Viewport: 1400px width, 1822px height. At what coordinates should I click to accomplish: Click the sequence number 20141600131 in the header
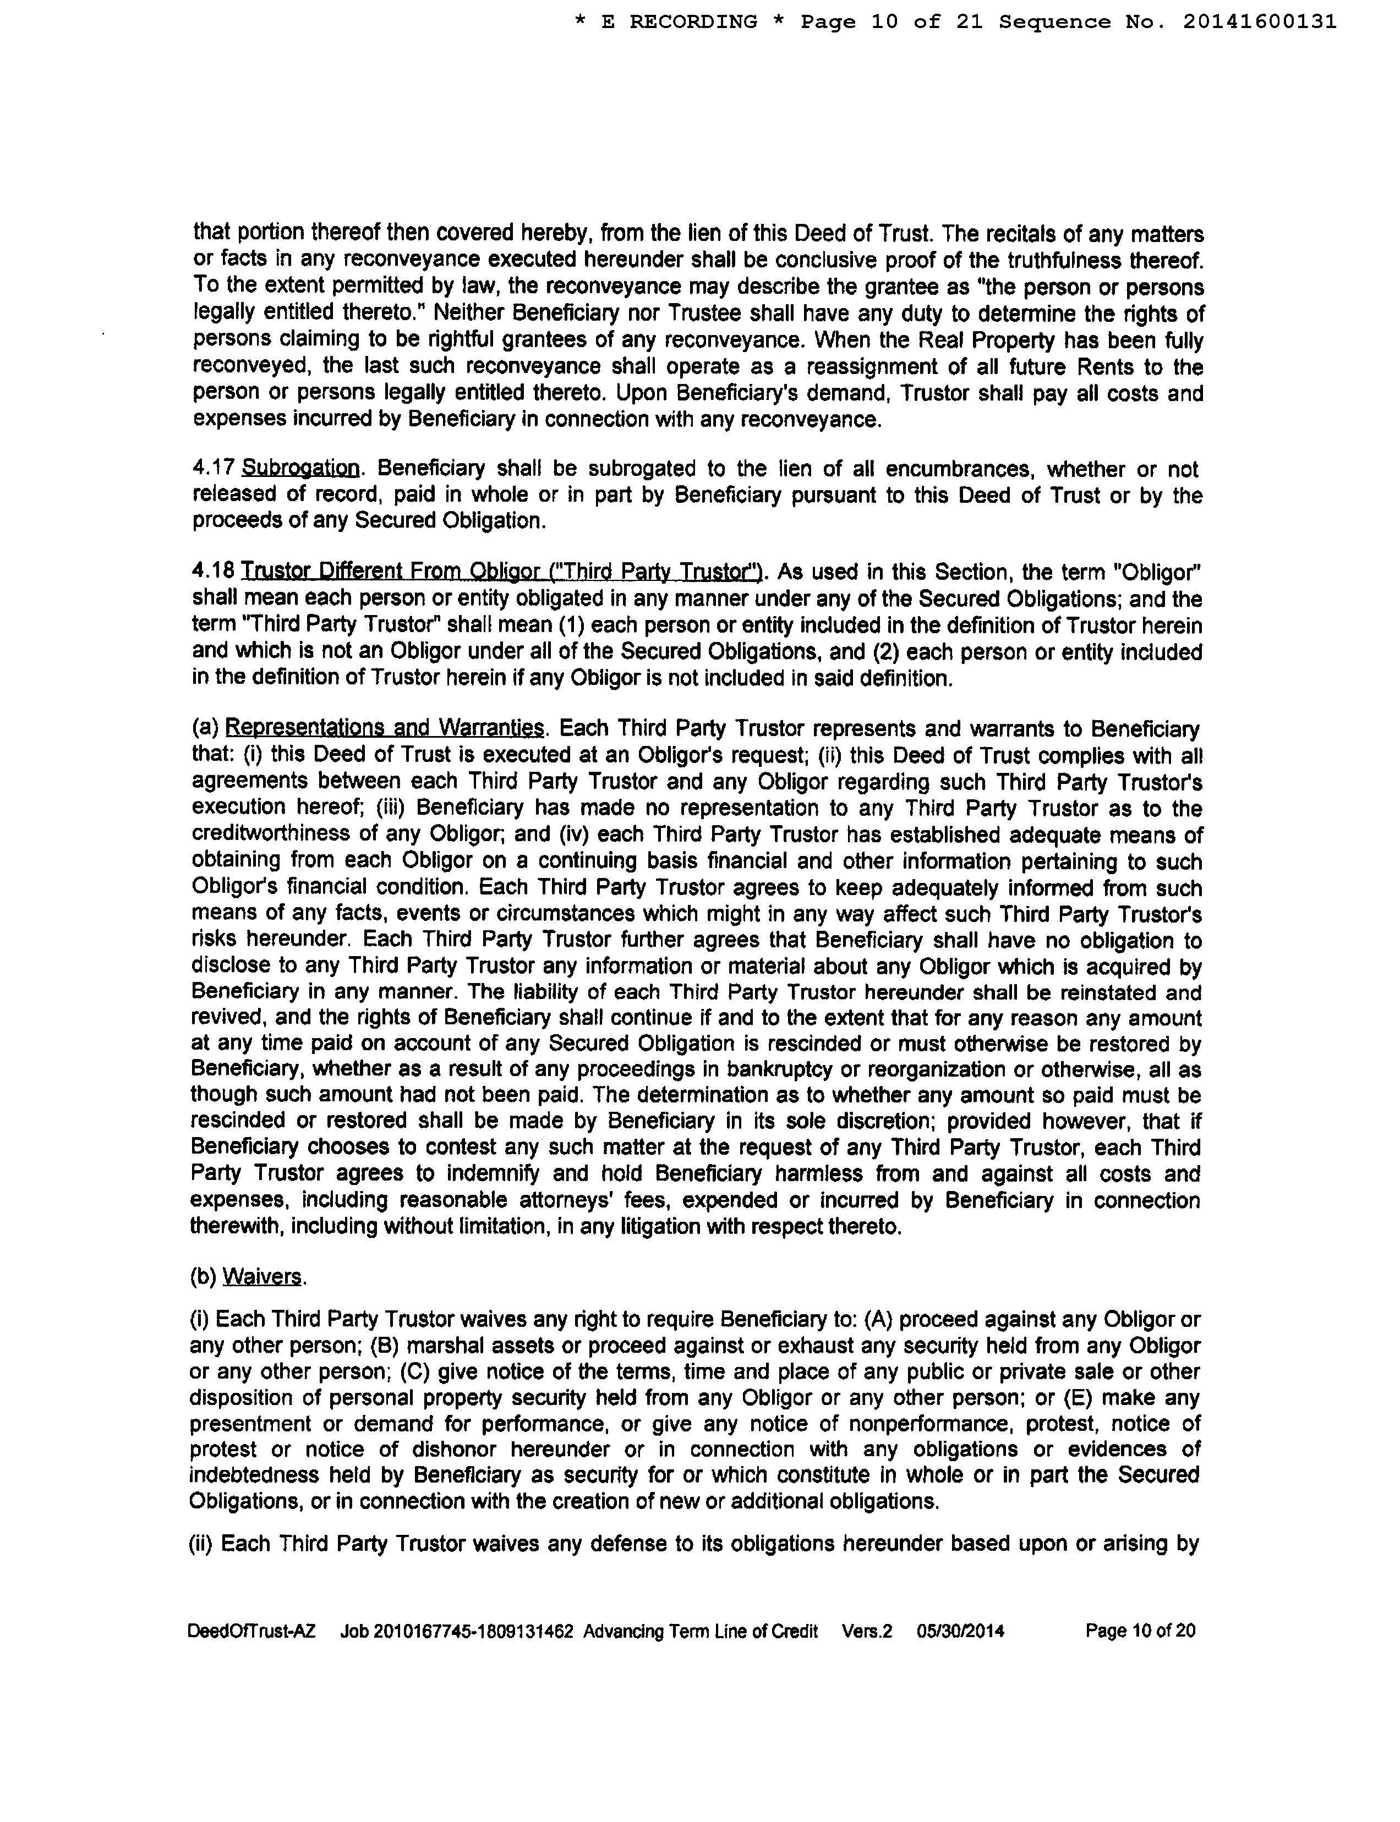(1259, 21)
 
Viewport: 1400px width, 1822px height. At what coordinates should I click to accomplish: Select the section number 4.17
(214, 470)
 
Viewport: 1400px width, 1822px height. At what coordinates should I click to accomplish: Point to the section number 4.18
(214, 572)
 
